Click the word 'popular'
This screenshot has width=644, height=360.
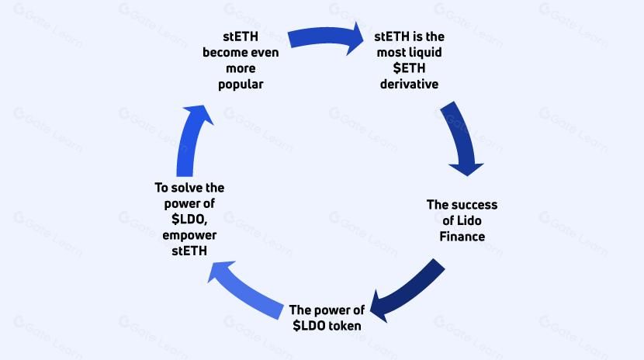click(x=241, y=84)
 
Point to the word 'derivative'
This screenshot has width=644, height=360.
click(x=409, y=83)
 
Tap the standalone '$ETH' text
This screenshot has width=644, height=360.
click(x=409, y=67)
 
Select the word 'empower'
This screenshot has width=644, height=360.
click(x=189, y=234)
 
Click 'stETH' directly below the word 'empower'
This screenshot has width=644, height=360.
click(x=189, y=250)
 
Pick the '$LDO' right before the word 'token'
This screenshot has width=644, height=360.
click(x=308, y=326)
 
